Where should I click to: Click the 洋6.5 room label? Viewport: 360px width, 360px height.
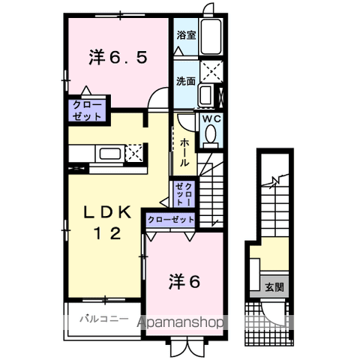point(118,58)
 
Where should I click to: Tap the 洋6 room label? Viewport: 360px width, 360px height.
point(184,282)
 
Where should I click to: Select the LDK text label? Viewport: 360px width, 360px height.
point(107,213)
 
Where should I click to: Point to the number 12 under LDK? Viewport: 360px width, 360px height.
point(107,234)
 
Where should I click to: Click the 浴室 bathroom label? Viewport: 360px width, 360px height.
point(186,35)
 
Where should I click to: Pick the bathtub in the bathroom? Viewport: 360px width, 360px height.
point(211,37)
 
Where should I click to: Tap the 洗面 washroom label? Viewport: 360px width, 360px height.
point(186,81)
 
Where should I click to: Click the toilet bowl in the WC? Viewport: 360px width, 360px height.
point(211,134)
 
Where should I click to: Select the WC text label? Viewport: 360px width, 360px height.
point(211,119)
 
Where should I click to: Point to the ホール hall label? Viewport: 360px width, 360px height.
point(184,152)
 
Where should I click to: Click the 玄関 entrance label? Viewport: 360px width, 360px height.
point(274,287)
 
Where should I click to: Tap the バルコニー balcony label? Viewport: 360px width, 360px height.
point(104,319)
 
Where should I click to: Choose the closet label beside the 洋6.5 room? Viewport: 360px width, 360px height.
point(87,110)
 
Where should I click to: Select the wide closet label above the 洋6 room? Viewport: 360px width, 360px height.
point(171,220)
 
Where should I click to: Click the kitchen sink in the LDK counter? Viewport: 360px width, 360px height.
point(110,154)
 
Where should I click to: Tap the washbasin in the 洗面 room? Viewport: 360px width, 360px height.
point(205,95)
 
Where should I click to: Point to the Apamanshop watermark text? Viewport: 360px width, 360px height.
point(180,322)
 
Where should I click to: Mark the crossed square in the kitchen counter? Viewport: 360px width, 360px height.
point(133,153)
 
